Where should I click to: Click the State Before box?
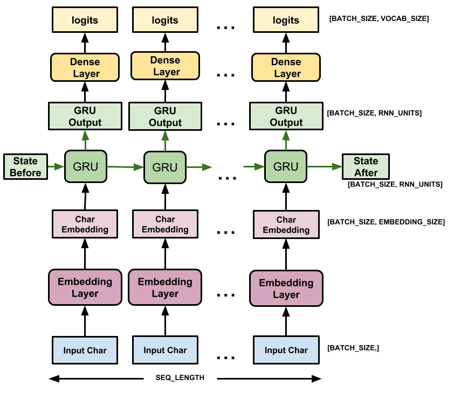click(x=25, y=167)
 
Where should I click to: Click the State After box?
click(x=366, y=167)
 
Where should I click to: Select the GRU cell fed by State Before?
click(x=85, y=166)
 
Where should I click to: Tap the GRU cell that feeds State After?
click(x=286, y=166)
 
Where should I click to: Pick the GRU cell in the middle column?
click(x=165, y=167)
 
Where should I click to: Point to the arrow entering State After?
click(x=325, y=167)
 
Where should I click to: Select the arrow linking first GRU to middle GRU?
click(x=125, y=167)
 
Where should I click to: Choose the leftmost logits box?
click(x=85, y=20)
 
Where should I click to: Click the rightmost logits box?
click(x=286, y=20)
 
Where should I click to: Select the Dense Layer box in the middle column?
click(x=165, y=66)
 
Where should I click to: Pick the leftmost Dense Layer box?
click(x=85, y=67)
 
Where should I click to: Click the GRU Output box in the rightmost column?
click(x=286, y=116)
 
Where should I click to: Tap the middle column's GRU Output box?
click(x=165, y=116)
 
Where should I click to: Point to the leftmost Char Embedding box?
click(x=85, y=224)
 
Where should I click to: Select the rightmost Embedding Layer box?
click(x=286, y=289)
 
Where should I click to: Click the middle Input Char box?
click(x=165, y=350)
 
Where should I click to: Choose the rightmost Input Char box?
click(x=286, y=350)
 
